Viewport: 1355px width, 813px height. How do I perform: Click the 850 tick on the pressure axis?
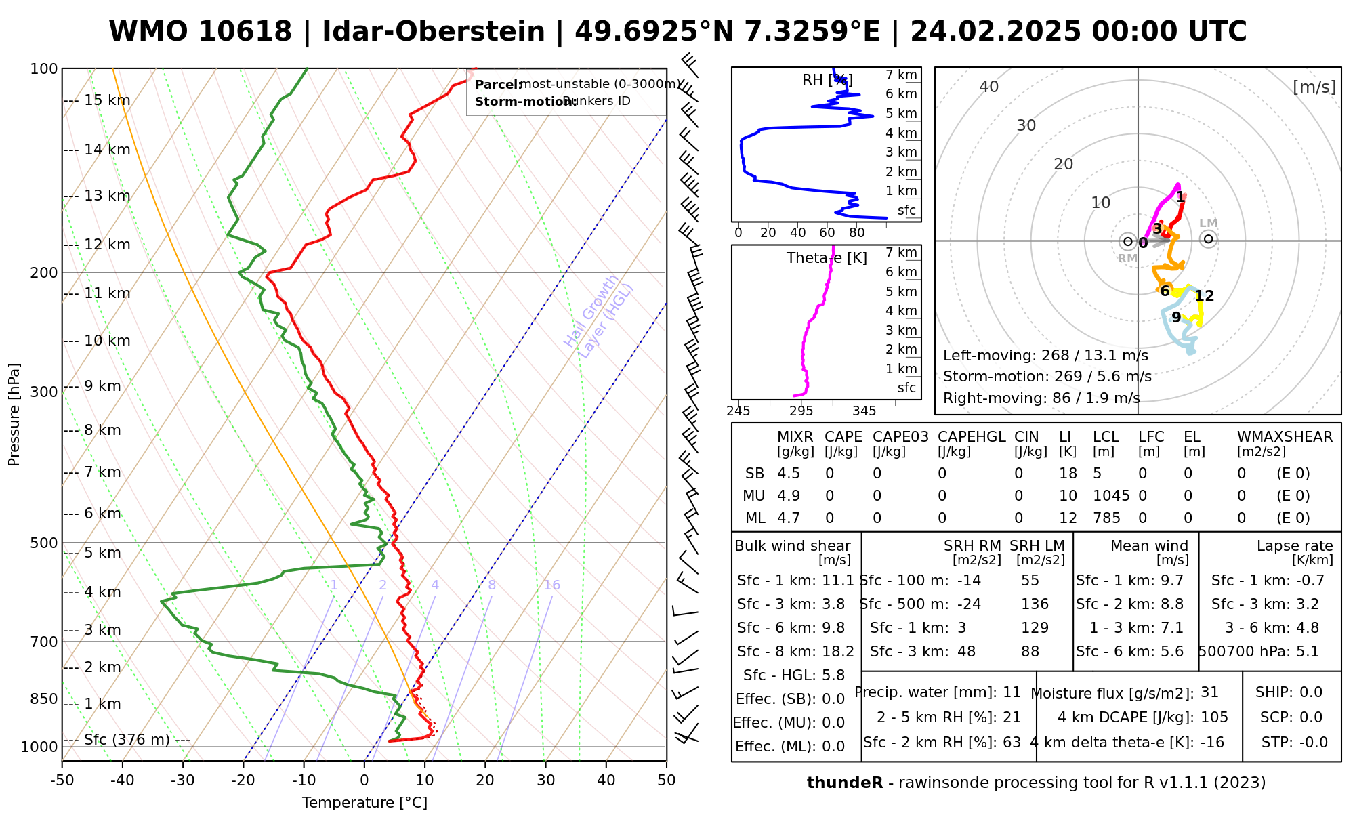[45, 699]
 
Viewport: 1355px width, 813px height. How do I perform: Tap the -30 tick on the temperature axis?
[182, 780]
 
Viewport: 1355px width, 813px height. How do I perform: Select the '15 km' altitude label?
[107, 100]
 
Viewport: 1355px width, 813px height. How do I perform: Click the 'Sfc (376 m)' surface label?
[127, 739]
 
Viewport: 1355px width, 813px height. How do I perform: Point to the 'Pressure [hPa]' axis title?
[14, 415]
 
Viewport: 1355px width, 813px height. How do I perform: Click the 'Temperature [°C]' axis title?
[364, 803]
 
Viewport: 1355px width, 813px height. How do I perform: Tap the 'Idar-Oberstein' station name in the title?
[433, 32]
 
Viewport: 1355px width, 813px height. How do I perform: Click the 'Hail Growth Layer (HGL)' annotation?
[599, 316]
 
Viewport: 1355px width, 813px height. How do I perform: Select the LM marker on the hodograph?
[1208, 238]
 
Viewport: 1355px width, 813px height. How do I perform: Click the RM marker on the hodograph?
[1127, 241]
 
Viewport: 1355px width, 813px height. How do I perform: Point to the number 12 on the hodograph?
[1204, 296]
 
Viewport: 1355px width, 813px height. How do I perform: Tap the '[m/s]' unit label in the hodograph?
[1314, 87]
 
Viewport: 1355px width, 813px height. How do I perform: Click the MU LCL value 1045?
[1111, 496]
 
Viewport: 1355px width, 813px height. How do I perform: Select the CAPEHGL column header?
[971, 437]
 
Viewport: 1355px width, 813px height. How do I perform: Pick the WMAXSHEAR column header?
[1285, 437]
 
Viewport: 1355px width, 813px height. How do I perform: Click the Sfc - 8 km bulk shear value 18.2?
[838, 652]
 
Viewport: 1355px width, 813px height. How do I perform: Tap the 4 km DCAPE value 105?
[1214, 717]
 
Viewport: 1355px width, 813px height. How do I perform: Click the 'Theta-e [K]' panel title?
[827, 258]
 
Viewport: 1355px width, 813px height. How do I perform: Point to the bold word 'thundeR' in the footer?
[844, 783]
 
